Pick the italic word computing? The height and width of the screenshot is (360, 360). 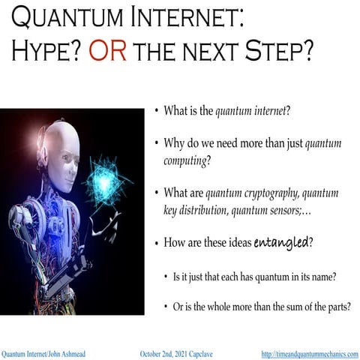186,160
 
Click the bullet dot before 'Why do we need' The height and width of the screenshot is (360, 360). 156,142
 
